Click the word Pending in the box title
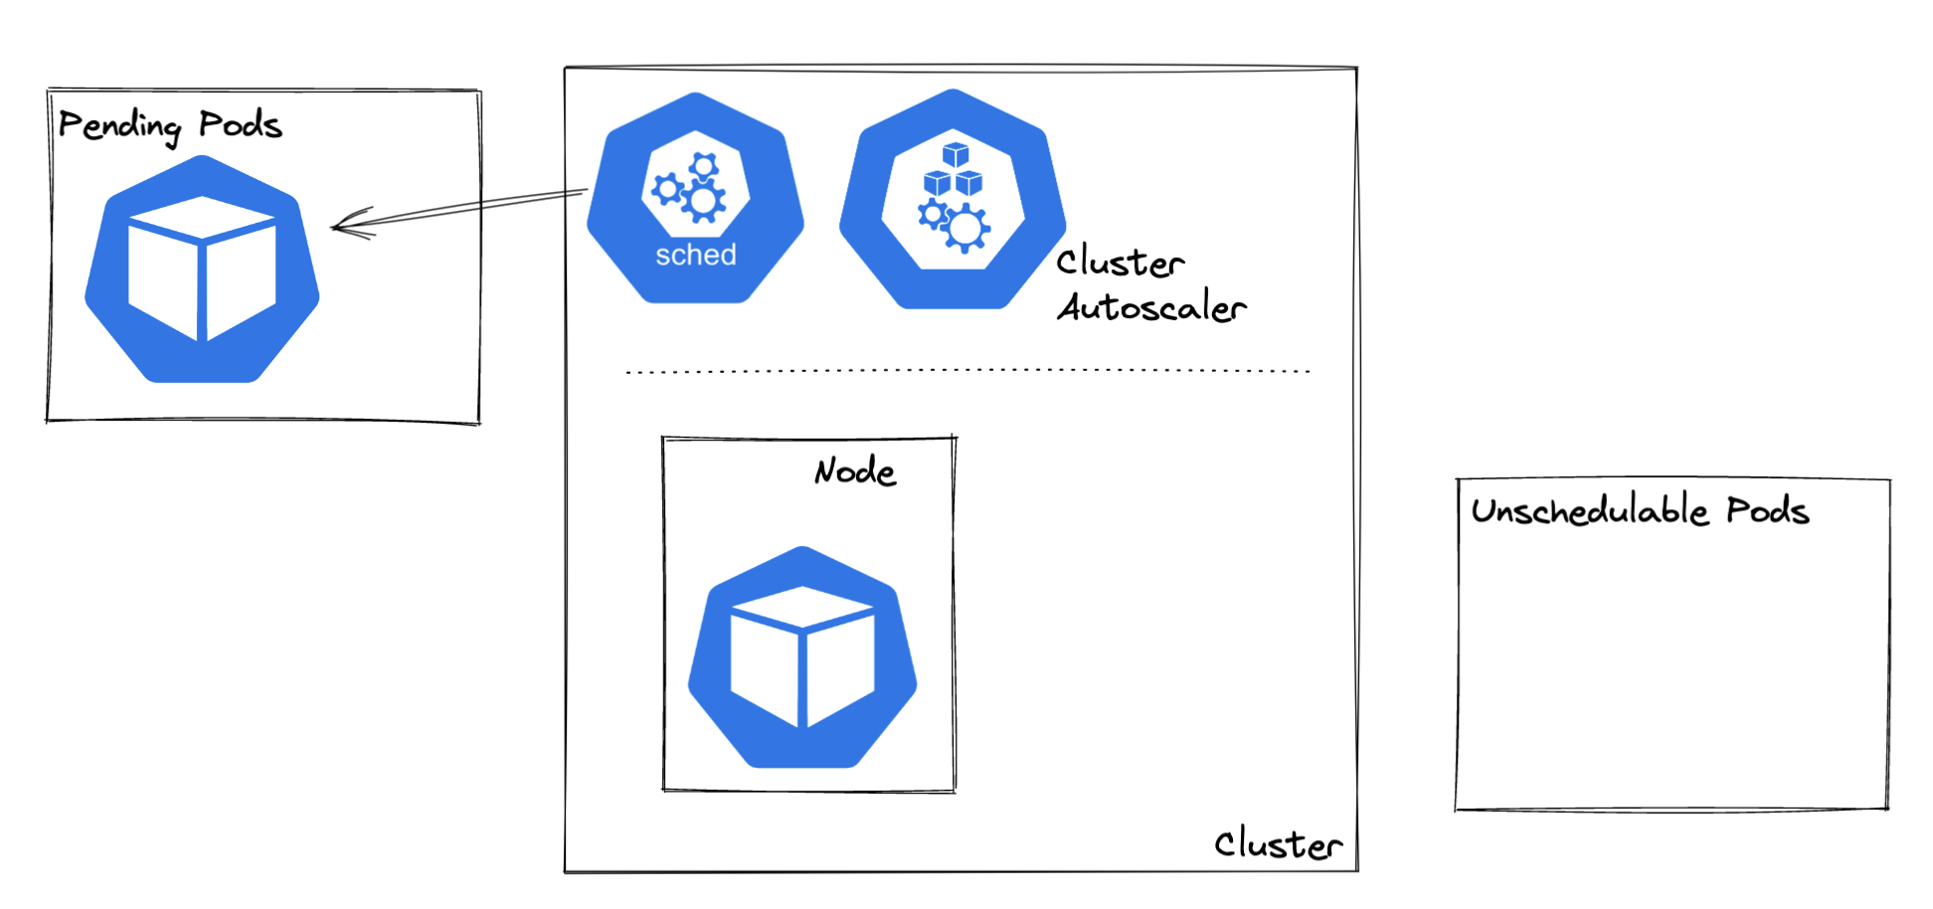[x=119, y=126]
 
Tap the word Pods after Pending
[x=240, y=125]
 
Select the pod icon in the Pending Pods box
[x=202, y=271]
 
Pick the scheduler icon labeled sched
[x=695, y=198]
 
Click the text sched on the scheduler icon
[x=695, y=256]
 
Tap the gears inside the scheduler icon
[x=690, y=187]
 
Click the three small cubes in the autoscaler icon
[x=953, y=171]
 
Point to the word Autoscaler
[x=1151, y=307]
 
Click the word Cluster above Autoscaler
[x=1120, y=263]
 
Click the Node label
[x=855, y=471]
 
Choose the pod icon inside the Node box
[x=802, y=659]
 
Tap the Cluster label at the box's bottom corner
[x=1278, y=844]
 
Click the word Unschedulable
[x=1589, y=511]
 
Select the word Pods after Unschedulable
[x=1767, y=511]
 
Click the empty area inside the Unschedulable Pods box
[x=1670, y=676]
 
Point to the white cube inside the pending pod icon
[x=202, y=269]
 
